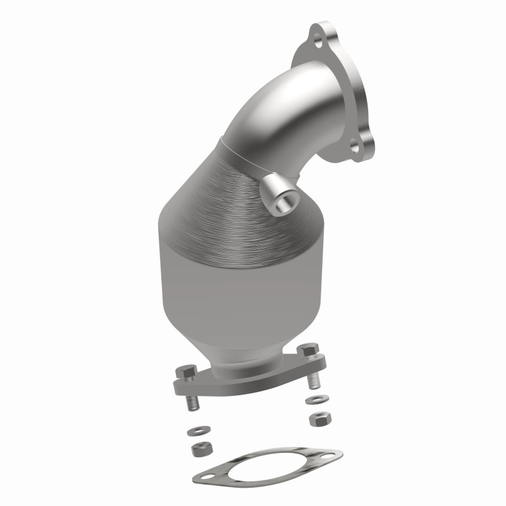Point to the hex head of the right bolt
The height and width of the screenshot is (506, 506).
pyautogui.click(x=308, y=352)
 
